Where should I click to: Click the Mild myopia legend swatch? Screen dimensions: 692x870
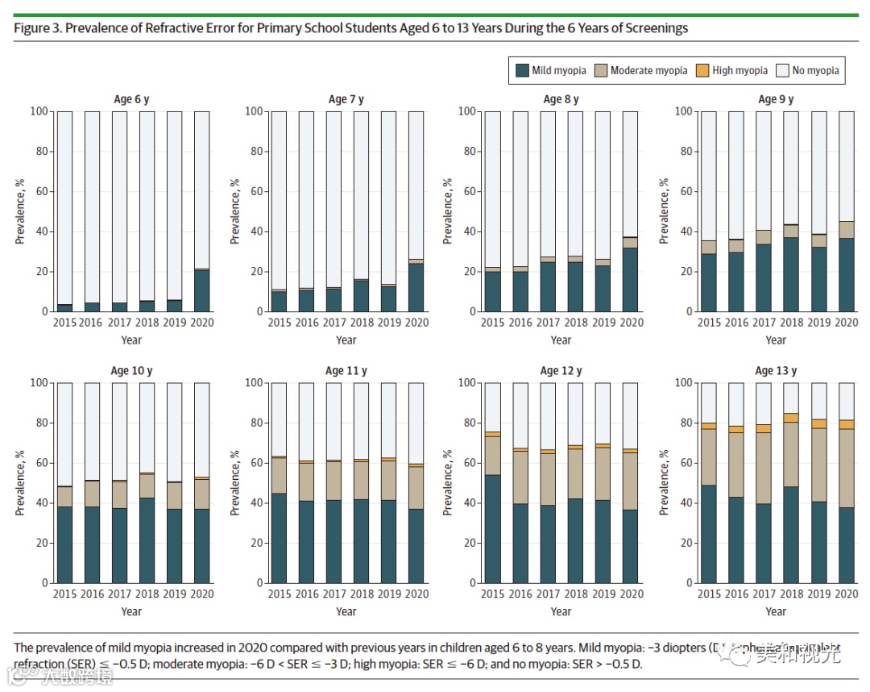coord(522,70)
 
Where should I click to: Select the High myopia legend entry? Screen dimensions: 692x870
coord(739,70)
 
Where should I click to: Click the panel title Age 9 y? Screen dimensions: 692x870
coord(776,99)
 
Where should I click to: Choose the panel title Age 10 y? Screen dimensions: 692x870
coord(131,371)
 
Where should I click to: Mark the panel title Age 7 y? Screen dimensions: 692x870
coord(346,99)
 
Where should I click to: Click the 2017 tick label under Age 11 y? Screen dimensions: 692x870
coord(333,594)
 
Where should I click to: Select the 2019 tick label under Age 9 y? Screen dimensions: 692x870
coord(818,323)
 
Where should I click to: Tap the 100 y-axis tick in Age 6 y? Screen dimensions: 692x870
coord(39,111)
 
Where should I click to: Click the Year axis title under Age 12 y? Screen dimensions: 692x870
coord(561,611)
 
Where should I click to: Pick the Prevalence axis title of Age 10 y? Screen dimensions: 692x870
coord(20,482)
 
